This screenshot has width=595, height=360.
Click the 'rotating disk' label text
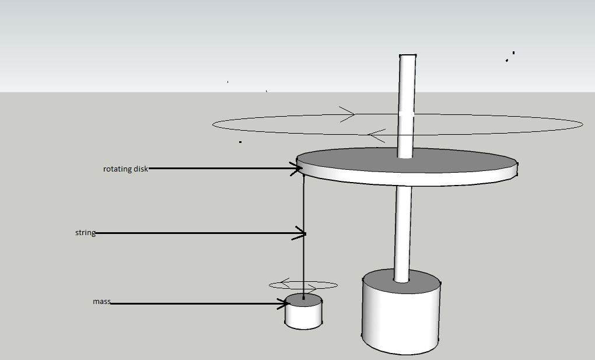tap(125, 169)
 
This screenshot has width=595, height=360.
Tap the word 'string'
tap(85, 232)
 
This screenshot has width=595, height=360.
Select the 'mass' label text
tap(101, 302)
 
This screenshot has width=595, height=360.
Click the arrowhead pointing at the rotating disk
tap(296, 169)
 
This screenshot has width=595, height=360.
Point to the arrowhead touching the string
tap(299, 233)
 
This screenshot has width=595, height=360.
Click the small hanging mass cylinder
tap(303, 311)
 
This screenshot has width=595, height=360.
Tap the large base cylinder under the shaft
tap(401, 312)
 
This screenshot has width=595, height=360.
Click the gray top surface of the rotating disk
tap(406, 160)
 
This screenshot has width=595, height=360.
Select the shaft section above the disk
tap(407, 106)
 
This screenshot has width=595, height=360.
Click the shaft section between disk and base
tap(402, 234)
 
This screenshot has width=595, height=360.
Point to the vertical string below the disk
tap(303, 236)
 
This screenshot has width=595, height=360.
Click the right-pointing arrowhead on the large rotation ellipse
tap(347, 114)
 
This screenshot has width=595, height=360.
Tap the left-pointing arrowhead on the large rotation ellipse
tap(376, 135)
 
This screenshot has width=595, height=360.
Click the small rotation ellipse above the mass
tap(303, 285)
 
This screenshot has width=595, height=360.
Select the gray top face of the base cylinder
tap(401, 281)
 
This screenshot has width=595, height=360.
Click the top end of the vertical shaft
tap(408, 55)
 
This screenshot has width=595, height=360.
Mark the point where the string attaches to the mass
tap(303, 298)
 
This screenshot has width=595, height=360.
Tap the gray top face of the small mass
tap(303, 300)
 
